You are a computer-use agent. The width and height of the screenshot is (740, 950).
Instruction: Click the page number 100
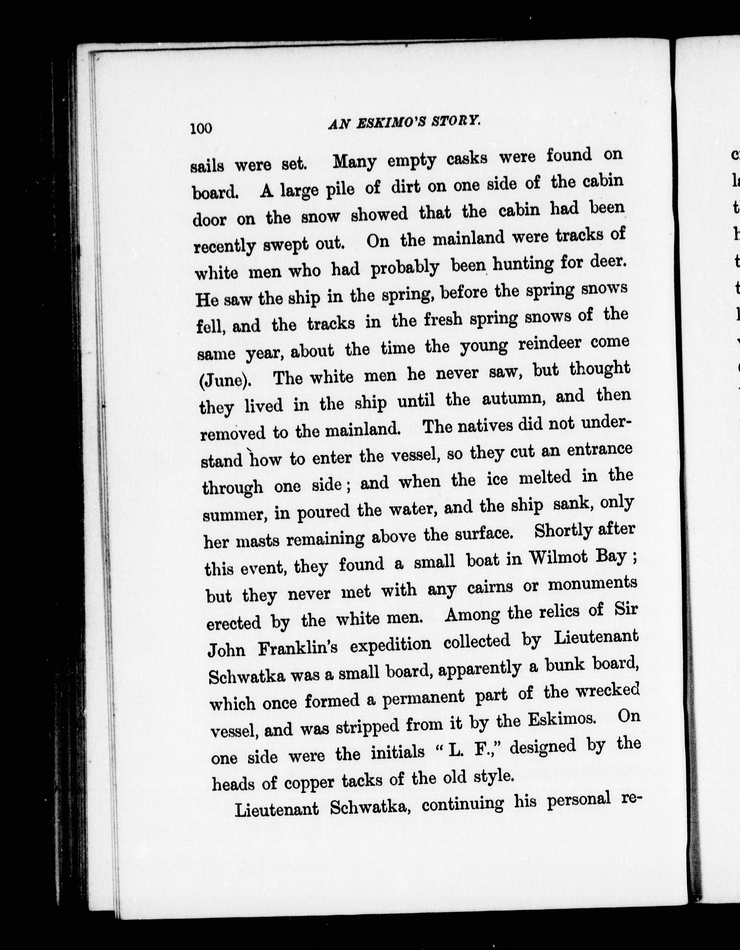[x=201, y=129]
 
